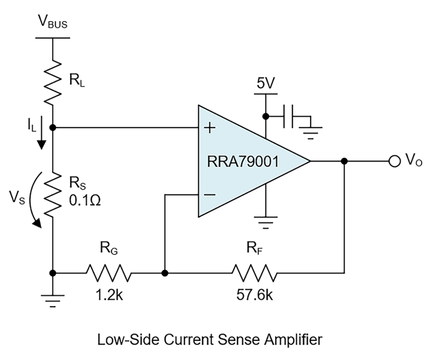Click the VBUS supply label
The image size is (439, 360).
52,23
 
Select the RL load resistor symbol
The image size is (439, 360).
52,81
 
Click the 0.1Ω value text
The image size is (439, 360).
85,201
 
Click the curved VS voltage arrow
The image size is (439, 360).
34,199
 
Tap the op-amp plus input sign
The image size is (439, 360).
209,128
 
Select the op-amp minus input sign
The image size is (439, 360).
209,194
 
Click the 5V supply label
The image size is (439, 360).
266,84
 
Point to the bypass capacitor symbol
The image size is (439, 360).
290,117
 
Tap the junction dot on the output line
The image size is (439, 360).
344,161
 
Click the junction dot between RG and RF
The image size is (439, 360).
165,273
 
